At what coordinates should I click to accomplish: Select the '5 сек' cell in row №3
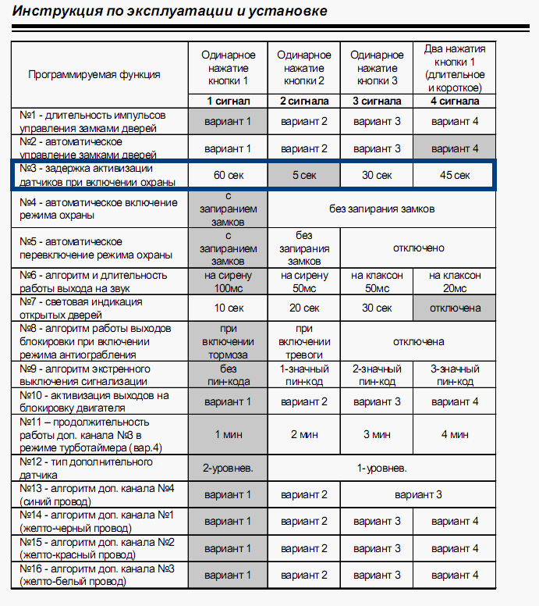303,175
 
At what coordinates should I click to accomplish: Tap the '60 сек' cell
228,175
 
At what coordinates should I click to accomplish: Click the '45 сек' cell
455,175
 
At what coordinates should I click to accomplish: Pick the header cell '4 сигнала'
455,101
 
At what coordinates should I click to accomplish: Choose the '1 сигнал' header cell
228,101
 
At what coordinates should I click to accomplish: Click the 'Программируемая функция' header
94,74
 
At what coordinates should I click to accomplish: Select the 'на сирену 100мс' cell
228,281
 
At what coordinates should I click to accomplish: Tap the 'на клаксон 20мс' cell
455,281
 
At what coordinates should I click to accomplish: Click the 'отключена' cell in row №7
455,307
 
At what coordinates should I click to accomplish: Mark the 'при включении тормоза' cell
228,341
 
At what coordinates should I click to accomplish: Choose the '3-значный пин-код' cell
455,375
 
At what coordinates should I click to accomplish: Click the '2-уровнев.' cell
228,468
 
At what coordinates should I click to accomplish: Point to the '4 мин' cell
455,434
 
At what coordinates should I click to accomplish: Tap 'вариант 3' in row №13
417,494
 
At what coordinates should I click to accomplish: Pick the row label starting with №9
94,375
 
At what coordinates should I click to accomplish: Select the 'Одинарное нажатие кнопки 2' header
303,68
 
